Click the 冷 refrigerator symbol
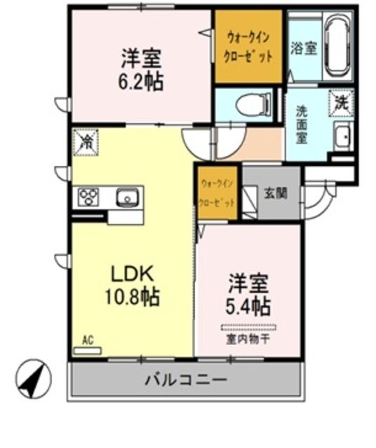(x=86, y=142)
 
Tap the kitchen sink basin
(x=127, y=197)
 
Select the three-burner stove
(x=90, y=197)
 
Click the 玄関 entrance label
(x=274, y=192)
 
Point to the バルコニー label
(x=185, y=381)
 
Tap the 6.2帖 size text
(x=140, y=80)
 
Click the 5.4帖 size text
(x=248, y=306)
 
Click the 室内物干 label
(x=248, y=339)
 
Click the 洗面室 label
(x=301, y=124)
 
